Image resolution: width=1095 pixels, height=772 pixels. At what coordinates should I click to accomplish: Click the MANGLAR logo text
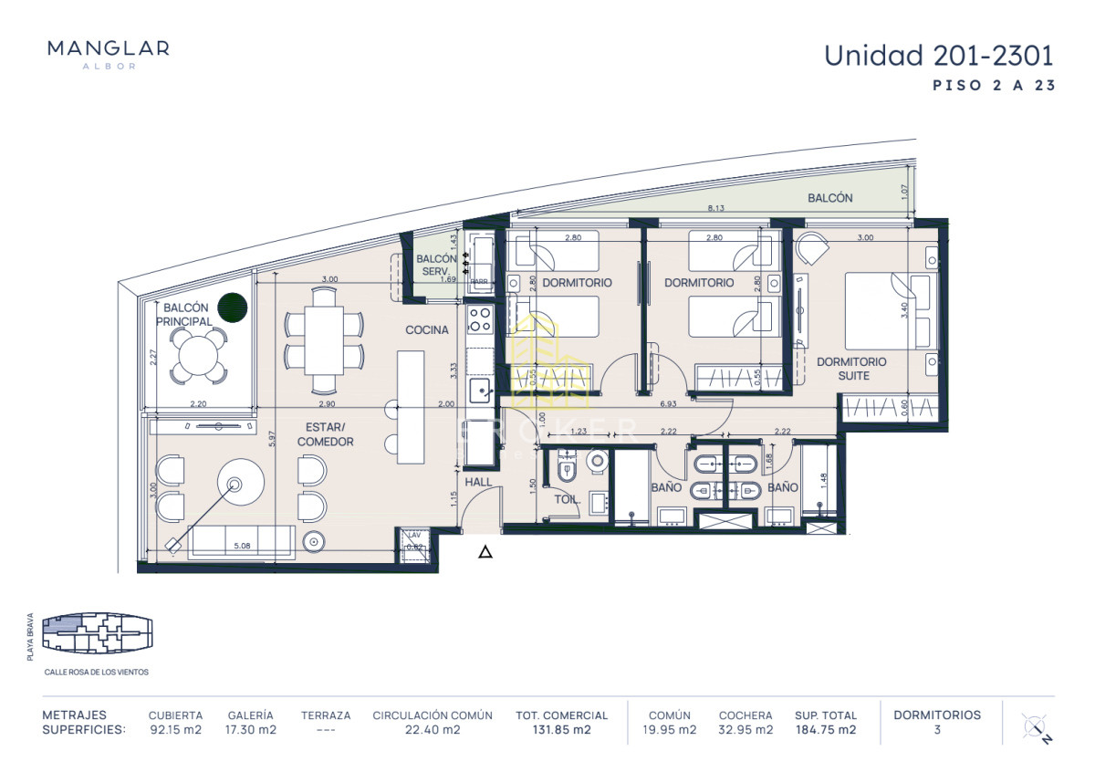(108, 48)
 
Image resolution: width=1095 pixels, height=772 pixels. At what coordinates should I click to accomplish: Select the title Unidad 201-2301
(939, 56)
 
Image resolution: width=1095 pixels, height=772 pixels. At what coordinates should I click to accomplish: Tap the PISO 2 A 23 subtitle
(994, 87)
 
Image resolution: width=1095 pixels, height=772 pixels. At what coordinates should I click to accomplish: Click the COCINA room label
(427, 329)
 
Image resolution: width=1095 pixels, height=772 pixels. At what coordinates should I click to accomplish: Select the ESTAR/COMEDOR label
(325, 434)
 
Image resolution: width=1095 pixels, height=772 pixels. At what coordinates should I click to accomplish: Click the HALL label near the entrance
(478, 482)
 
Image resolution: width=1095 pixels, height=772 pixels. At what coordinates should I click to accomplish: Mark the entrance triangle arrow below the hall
(485, 551)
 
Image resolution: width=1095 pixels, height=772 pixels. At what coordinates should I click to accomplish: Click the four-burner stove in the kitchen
(480, 319)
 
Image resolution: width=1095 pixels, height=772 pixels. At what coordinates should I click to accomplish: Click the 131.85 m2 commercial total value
(561, 730)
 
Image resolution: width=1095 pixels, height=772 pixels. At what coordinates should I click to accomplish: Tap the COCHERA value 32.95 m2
(745, 730)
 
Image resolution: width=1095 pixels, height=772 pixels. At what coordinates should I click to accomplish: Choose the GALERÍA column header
(251, 715)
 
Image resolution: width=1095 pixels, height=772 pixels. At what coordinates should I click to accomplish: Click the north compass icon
(1036, 728)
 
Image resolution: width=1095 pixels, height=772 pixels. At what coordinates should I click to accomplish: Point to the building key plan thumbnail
(97, 631)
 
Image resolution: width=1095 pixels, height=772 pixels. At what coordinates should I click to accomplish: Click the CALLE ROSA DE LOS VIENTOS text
(96, 672)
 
